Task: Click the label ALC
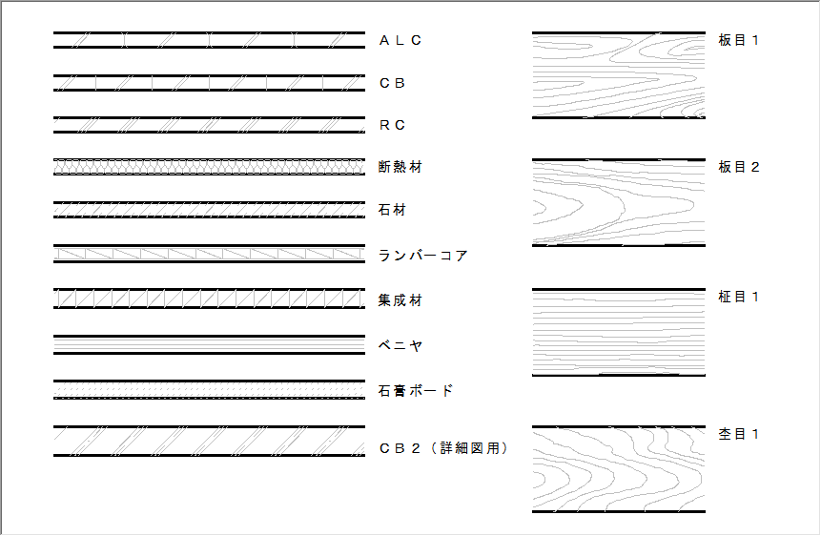(400, 40)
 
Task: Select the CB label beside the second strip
(392, 83)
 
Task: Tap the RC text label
(392, 125)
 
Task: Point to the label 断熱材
(400, 167)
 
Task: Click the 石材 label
(392, 210)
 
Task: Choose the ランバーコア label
(422, 256)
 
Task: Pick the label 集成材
(400, 300)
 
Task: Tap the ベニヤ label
(400, 346)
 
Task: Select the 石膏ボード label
(415, 391)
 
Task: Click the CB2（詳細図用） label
(443, 448)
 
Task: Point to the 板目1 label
(739, 40)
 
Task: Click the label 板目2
(739, 167)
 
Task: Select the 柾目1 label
(739, 297)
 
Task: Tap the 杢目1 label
(739, 434)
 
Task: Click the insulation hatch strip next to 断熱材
(209, 167)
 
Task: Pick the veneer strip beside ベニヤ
(209, 344)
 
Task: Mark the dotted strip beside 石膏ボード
(209, 390)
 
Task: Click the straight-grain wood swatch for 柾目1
(619, 332)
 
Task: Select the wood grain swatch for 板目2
(619, 202)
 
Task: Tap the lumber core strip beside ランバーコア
(209, 254)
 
